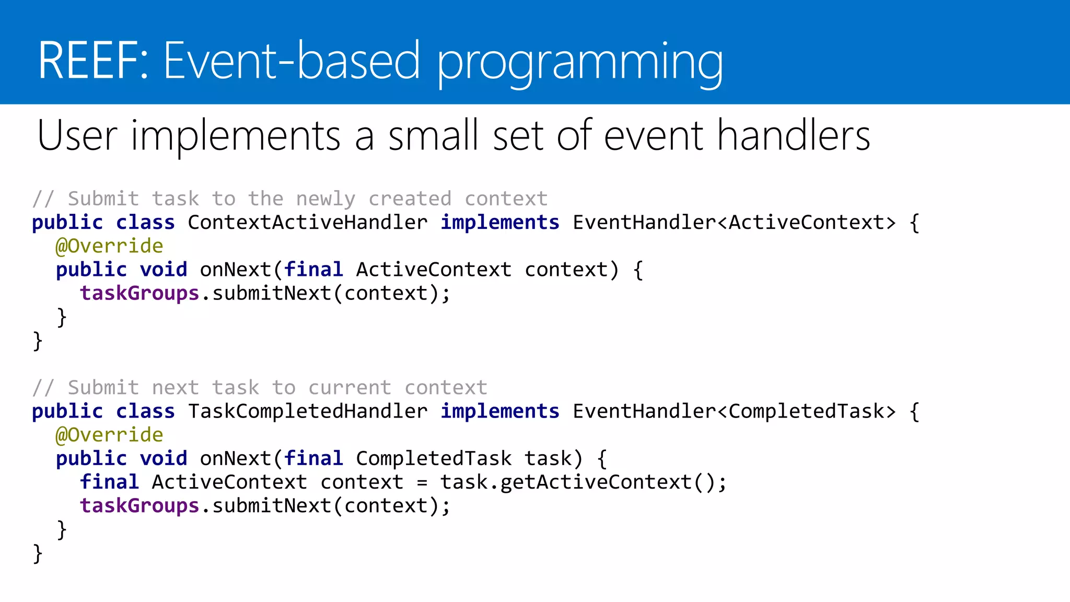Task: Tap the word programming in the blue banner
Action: point(580,63)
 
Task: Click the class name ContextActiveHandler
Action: point(307,223)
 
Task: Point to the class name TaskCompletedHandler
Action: point(307,411)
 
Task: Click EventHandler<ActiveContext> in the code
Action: point(734,223)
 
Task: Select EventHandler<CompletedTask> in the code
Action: point(734,411)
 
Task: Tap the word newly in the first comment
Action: point(325,199)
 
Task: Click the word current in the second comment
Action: point(350,388)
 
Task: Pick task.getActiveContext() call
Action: point(583,482)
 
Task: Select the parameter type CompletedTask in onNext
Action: point(433,459)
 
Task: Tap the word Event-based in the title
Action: point(292,61)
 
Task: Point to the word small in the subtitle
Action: point(433,136)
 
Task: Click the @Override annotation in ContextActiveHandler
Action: point(109,246)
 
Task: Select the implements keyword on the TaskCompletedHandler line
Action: point(499,411)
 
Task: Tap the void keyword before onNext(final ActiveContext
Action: point(163,270)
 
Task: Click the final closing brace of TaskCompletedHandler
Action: point(37,553)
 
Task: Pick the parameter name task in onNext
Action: point(548,459)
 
